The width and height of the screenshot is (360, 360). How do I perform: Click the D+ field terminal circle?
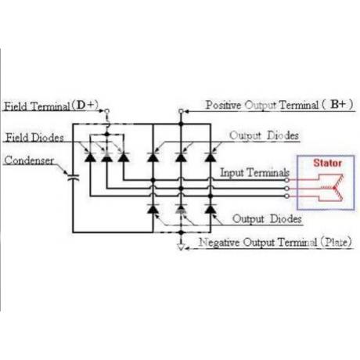(x=106, y=111)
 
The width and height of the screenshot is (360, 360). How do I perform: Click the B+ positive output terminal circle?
(x=181, y=111)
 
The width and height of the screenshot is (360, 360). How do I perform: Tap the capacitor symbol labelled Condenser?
(x=74, y=178)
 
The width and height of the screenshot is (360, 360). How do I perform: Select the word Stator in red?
(x=327, y=163)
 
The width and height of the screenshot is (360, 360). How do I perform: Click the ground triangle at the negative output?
(x=181, y=247)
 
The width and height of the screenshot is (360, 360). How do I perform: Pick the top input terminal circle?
(x=286, y=180)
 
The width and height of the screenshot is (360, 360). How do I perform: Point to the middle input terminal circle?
(x=286, y=188)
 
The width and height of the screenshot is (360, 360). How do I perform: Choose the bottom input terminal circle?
(x=286, y=196)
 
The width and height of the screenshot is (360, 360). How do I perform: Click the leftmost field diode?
(x=90, y=157)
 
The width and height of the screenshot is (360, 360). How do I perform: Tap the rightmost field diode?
(x=124, y=157)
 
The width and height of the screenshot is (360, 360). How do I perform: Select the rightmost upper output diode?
(x=211, y=157)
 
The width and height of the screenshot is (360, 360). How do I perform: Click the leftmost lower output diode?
(x=153, y=209)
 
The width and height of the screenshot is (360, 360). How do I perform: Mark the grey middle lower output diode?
(x=181, y=209)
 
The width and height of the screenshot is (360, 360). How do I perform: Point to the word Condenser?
(x=29, y=160)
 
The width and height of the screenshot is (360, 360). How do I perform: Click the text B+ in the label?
(x=338, y=104)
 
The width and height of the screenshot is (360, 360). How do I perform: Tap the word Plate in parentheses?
(x=337, y=242)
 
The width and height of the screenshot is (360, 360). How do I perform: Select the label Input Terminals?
(x=254, y=172)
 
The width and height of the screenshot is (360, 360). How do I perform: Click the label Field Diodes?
(x=34, y=138)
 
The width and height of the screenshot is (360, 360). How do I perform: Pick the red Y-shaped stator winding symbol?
(x=331, y=188)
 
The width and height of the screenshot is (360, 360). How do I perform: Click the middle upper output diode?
(x=181, y=157)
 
